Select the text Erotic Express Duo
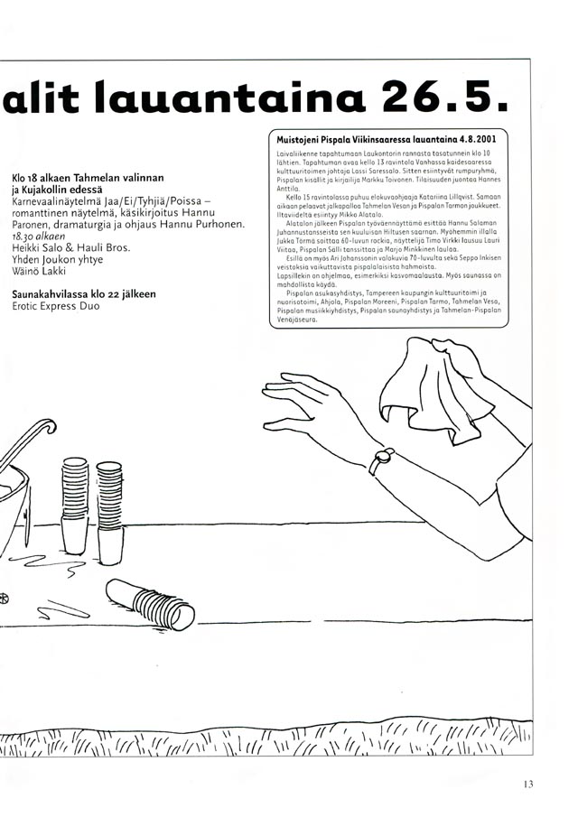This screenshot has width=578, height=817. point(57,306)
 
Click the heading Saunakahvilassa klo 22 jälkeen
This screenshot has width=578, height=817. point(83,293)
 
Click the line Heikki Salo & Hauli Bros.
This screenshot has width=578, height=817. point(71,247)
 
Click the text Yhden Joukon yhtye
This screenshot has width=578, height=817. point(58,260)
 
